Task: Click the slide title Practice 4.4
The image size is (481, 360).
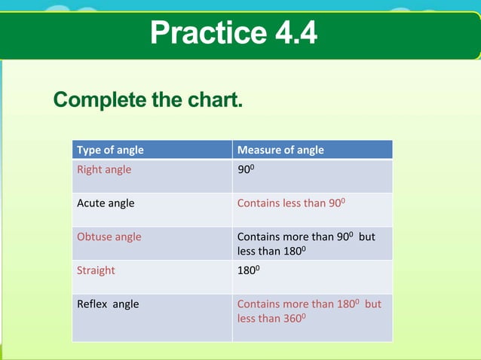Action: [x=233, y=32]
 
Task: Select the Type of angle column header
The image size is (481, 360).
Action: [x=110, y=150]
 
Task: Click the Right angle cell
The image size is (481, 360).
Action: [x=104, y=169]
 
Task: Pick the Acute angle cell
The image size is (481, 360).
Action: [x=106, y=203]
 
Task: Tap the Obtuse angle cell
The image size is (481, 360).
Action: [x=109, y=236]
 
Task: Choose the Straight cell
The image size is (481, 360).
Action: [x=96, y=270]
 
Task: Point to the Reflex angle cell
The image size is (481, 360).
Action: [x=108, y=304]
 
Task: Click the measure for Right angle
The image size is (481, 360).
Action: [x=247, y=170]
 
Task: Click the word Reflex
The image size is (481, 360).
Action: [x=92, y=304]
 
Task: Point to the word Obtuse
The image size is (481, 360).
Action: [x=94, y=236]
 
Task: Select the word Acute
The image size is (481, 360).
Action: [x=91, y=203]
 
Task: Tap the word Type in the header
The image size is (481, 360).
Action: [x=88, y=150]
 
